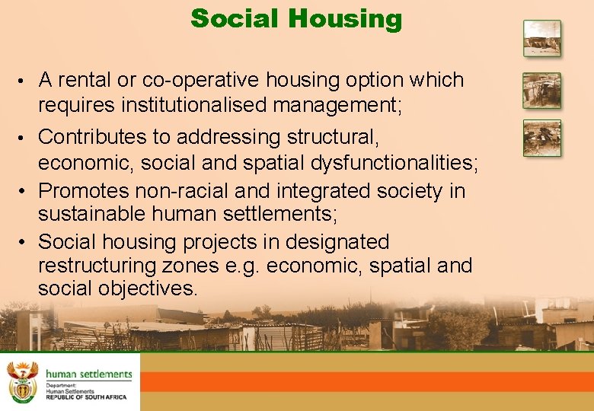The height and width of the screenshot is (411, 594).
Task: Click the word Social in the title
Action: point(238,18)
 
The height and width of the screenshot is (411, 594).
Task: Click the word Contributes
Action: point(95,137)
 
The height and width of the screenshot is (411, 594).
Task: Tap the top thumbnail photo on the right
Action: point(541,38)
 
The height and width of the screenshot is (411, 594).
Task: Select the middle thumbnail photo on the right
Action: point(541,91)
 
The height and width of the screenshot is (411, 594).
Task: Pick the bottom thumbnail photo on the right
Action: point(541,138)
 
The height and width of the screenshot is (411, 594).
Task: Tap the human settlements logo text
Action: point(88,374)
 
